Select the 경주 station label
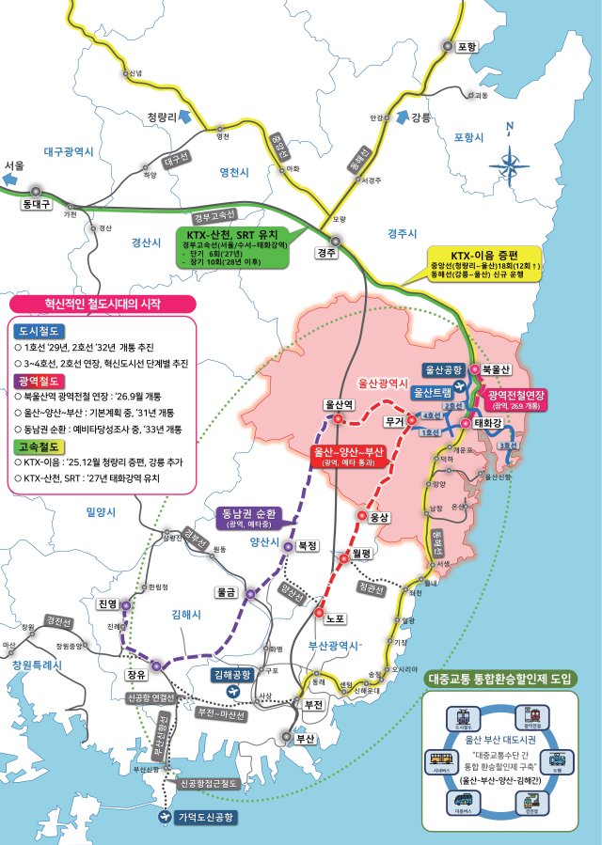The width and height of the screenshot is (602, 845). click(x=327, y=253)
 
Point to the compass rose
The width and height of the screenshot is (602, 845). click(x=509, y=166)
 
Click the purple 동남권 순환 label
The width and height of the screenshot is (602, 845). click(x=247, y=518)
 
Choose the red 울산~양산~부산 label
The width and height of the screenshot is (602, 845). click(x=350, y=456)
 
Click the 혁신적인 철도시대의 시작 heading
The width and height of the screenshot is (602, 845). click(x=103, y=304)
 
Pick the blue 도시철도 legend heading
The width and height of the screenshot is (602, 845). click(x=39, y=331)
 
